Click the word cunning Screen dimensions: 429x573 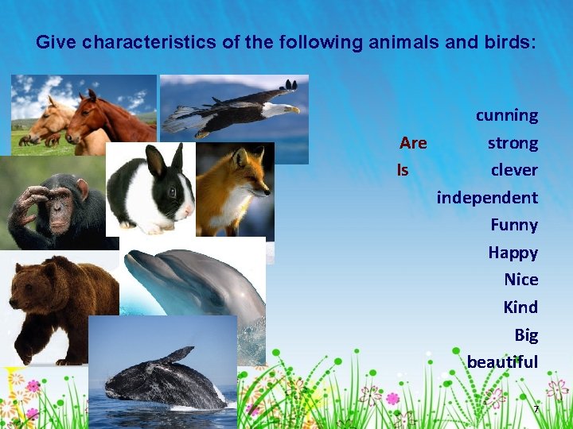click(507, 116)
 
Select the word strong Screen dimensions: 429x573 click(513, 144)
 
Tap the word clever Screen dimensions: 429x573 click(514, 170)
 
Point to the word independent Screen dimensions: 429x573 click(487, 197)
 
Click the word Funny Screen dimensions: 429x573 click(514, 225)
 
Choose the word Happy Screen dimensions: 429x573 click(513, 253)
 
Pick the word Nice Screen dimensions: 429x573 click(520, 280)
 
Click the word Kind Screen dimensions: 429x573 click(520, 307)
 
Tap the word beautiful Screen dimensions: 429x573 click(502, 362)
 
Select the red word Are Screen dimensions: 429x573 click(413, 143)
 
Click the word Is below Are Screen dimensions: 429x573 click(403, 170)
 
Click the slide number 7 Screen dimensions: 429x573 click(536, 409)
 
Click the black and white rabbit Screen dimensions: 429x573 click(151, 191)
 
